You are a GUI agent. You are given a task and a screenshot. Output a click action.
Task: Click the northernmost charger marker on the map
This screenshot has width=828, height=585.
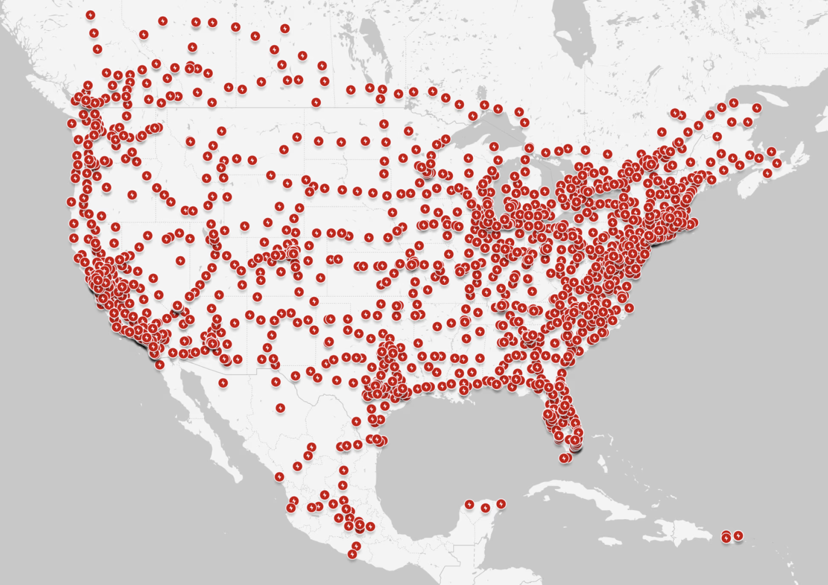tap(91, 15)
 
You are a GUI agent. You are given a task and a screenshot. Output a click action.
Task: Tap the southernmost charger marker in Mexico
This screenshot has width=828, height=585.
tap(352, 554)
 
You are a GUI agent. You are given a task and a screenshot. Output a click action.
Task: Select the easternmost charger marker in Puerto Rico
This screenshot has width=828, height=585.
tap(738, 536)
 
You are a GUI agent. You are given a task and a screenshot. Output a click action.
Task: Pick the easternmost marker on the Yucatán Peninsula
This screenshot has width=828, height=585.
tap(501, 504)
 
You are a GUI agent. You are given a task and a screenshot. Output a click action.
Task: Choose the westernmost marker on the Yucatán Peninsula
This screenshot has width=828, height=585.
tap(469, 504)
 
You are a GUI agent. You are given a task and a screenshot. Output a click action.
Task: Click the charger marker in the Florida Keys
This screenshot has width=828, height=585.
tap(565, 458)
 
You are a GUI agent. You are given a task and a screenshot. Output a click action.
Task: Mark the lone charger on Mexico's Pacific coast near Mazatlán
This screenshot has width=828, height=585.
tap(280, 476)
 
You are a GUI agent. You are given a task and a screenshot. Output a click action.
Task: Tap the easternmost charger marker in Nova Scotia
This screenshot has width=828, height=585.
tap(777, 164)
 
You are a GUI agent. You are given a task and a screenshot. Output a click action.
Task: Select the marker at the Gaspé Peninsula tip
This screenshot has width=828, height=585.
tap(756, 108)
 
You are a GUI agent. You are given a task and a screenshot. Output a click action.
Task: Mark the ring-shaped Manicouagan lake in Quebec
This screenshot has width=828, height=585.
tap(709, 65)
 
